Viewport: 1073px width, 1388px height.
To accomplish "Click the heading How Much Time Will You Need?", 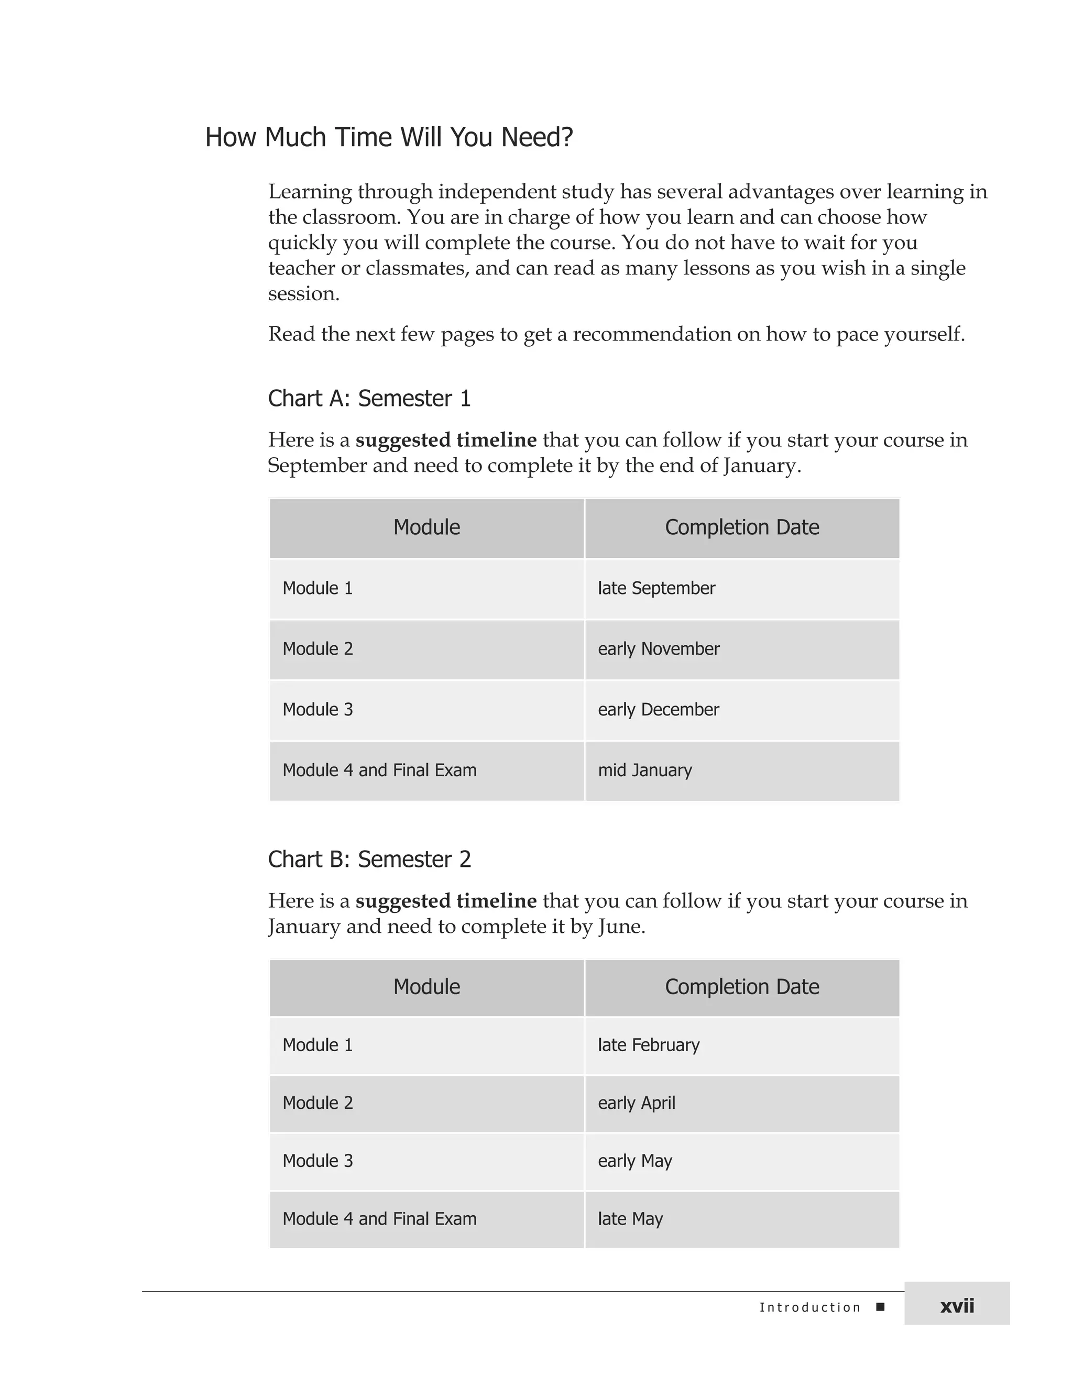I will pyautogui.click(x=389, y=137).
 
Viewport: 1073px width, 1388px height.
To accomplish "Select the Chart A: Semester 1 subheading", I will pyautogui.click(x=369, y=399).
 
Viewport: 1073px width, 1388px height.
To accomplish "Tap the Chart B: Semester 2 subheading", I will pyautogui.click(x=369, y=859).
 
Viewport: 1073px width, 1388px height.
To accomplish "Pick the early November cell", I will pyautogui.click(x=659, y=649).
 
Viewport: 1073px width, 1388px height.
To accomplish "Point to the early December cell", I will pyautogui.click(x=658, y=710).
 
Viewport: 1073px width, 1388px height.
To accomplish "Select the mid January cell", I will pyautogui.click(x=644, y=770).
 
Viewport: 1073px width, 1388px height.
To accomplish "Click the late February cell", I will pyautogui.click(x=649, y=1045).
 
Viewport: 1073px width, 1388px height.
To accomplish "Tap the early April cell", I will pyautogui.click(x=636, y=1103).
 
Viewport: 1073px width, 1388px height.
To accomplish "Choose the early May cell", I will pyautogui.click(x=634, y=1161).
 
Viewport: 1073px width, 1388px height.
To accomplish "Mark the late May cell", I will pyautogui.click(x=630, y=1219).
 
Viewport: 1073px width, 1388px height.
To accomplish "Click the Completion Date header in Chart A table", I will pyautogui.click(x=742, y=527).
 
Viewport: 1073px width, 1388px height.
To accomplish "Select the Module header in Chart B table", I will pyautogui.click(x=426, y=987).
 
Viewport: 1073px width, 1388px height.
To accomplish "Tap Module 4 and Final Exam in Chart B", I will pyautogui.click(x=379, y=1219).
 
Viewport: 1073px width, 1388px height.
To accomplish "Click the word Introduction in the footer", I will pyautogui.click(x=810, y=1307).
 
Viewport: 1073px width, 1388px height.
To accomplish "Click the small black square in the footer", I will pyautogui.click(x=880, y=1307).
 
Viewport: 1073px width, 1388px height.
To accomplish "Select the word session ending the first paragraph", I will pyautogui.click(x=303, y=294).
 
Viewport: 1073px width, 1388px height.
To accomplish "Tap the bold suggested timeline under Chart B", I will pyautogui.click(x=446, y=901).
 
